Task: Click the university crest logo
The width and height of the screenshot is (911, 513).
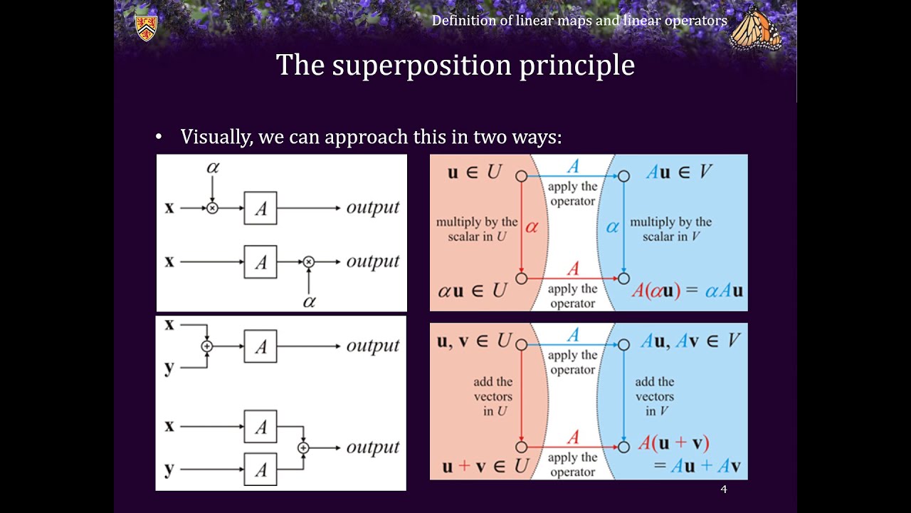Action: point(146,27)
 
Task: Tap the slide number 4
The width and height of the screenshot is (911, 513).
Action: point(723,489)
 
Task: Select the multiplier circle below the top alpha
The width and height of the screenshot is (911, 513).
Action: point(212,208)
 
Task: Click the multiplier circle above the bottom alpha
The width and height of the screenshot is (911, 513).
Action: point(308,262)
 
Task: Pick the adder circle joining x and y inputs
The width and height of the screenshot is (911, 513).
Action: point(207,346)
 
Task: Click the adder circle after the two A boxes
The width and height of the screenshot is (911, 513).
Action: point(303,447)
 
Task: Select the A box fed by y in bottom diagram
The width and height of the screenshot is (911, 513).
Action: point(260,470)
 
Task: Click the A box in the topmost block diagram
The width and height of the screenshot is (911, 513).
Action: point(260,208)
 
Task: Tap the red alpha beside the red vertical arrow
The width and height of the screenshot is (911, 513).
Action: point(532,227)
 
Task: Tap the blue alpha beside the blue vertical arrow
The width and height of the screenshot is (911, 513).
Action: point(612,227)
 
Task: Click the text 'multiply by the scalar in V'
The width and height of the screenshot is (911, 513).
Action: point(670,229)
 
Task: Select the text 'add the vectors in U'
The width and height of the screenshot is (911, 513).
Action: point(493,396)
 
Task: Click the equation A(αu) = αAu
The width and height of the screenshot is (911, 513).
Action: point(687,291)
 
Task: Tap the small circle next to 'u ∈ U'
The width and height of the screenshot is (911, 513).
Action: point(521,176)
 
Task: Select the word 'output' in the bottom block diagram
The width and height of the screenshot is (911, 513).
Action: point(373,447)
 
